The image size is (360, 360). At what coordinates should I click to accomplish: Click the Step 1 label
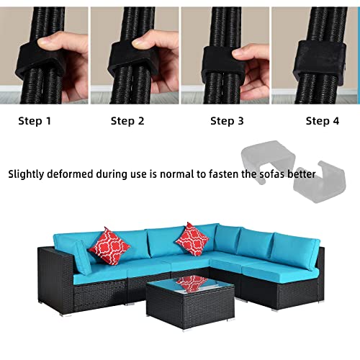(35, 121)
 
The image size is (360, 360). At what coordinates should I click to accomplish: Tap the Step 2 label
(127, 121)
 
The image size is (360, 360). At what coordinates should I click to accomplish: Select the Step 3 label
(227, 121)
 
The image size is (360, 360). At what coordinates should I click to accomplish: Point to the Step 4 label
(322, 121)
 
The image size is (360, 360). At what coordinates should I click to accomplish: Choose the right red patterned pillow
(192, 238)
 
